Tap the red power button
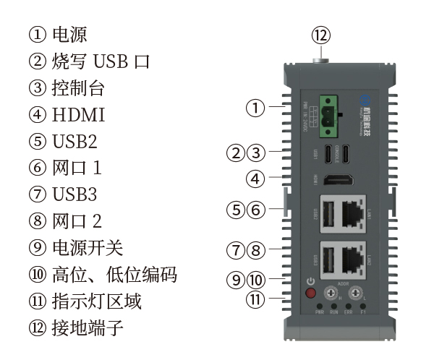click(x=312, y=293)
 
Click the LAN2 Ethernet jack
click(x=352, y=258)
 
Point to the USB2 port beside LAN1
click(x=326, y=213)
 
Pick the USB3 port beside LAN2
click(x=326, y=259)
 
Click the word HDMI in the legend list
click(x=79, y=114)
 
